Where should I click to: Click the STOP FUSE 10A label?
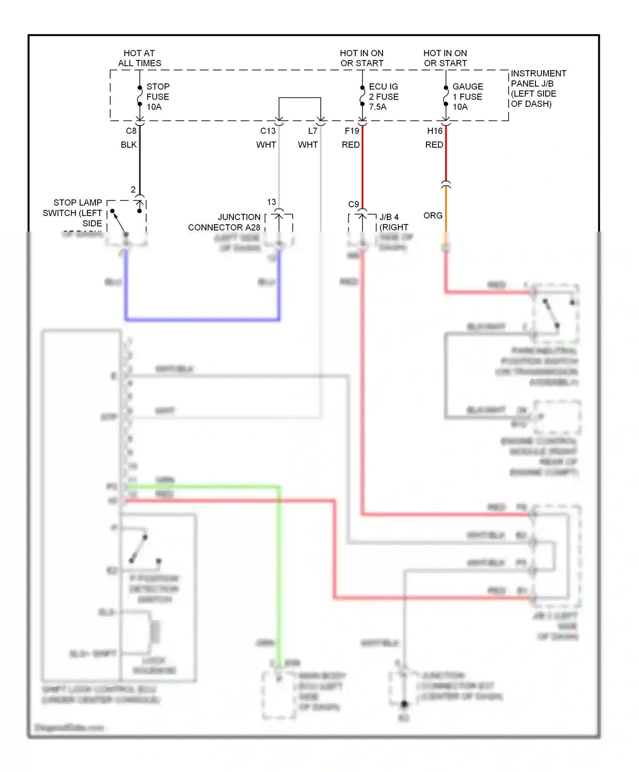(158, 97)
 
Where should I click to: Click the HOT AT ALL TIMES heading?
(139, 58)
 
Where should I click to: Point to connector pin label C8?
(131, 131)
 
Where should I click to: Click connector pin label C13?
(268, 131)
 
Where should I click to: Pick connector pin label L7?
(313, 131)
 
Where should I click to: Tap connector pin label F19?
(352, 131)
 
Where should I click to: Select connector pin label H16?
(435, 131)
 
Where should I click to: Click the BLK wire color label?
(129, 145)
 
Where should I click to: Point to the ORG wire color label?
(433, 216)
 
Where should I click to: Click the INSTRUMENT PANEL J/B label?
(538, 89)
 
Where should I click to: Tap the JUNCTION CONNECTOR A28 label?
(225, 222)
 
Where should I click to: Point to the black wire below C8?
(140, 162)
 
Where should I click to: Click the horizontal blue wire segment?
(202, 319)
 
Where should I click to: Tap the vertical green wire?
(279, 575)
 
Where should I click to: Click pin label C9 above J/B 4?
(353, 205)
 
